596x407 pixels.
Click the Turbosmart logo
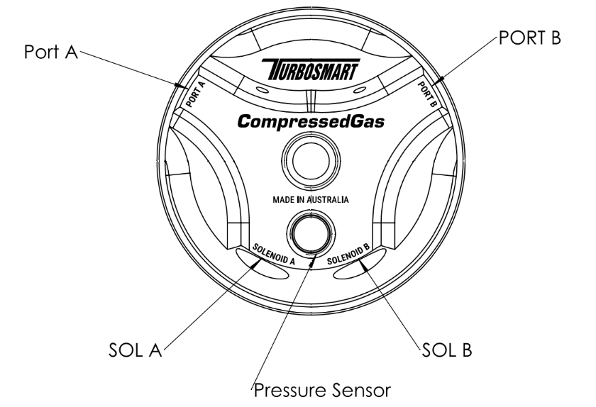tap(310, 68)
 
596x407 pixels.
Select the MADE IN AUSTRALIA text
tap(310, 200)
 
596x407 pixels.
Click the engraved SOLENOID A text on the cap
tap(274, 255)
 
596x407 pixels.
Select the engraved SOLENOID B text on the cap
tap(348, 255)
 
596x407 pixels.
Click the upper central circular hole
tap(310, 160)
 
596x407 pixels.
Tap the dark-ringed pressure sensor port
tap(310, 234)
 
